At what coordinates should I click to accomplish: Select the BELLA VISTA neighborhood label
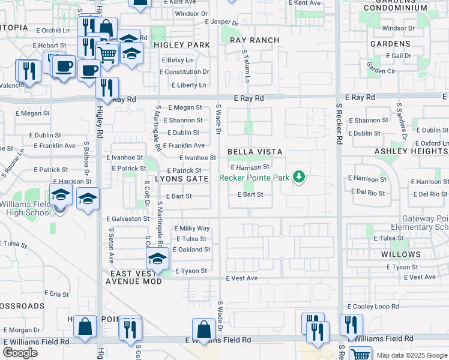point(255,152)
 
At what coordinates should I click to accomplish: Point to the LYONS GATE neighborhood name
point(181,179)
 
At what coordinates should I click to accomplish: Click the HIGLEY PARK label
point(182,45)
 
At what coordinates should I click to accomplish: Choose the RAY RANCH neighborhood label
point(255,40)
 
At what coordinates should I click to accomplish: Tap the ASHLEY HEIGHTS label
point(411,152)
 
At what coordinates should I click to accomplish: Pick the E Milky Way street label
point(192,229)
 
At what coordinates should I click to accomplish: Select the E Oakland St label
point(192,250)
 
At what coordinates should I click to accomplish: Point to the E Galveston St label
point(127,219)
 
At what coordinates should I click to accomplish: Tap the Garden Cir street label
point(381,71)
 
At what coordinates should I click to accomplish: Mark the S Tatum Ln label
point(246,67)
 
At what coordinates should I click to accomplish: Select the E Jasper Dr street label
point(221,22)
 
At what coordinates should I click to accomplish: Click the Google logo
point(20,353)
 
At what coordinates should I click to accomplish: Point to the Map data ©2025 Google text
point(412,355)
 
